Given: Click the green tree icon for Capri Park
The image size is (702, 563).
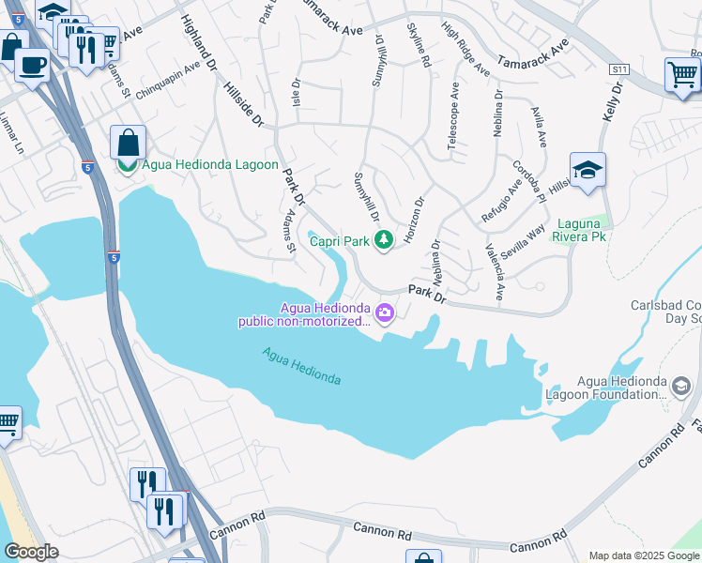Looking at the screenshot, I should tap(383, 241).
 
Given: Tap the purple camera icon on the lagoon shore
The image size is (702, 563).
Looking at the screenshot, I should tap(384, 312).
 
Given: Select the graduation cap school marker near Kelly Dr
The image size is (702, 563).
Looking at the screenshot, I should tap(588, 170).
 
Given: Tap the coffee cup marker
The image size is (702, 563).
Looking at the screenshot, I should tap(33, 66).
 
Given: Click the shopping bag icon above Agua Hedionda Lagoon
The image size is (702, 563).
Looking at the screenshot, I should tap(128, 143).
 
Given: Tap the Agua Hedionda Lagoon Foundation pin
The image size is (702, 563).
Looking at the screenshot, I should tap(681, 385).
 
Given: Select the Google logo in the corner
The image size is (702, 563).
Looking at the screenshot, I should tap(31, 552).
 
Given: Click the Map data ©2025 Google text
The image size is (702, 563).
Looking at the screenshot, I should tap(643, 555).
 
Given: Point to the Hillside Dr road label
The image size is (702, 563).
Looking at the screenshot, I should tap(244, 105).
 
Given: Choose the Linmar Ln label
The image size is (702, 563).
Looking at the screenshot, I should tap(14, 133).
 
